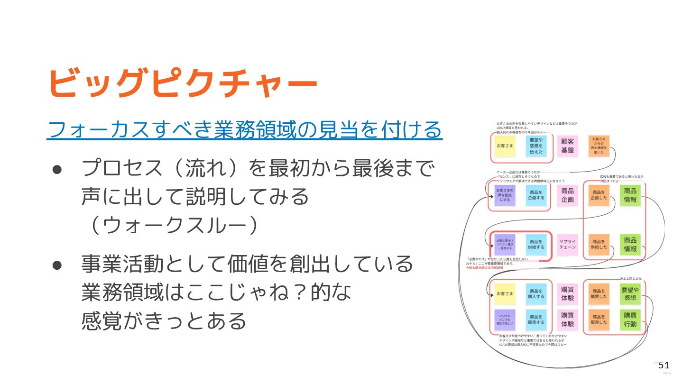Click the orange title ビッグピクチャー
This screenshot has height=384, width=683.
coord(183,82)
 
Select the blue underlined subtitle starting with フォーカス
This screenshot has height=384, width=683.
coord(245,129)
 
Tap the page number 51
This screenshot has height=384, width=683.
coord(664,365)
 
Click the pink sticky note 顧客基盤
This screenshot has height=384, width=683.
coord(567,146)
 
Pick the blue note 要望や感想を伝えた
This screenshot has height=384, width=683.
coord(536,146)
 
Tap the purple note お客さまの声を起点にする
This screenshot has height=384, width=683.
coord(505,195)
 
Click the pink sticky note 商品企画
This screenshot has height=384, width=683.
coord(567,195)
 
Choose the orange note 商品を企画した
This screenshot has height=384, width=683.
coord(599,195)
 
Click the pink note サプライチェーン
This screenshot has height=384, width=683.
coord(567,245)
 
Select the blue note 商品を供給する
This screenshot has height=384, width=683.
coord(536,245)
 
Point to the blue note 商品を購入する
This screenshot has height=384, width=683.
coord(536,294)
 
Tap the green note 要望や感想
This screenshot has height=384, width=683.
coord(630,294)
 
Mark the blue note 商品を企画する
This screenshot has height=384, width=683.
coord(536,195)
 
